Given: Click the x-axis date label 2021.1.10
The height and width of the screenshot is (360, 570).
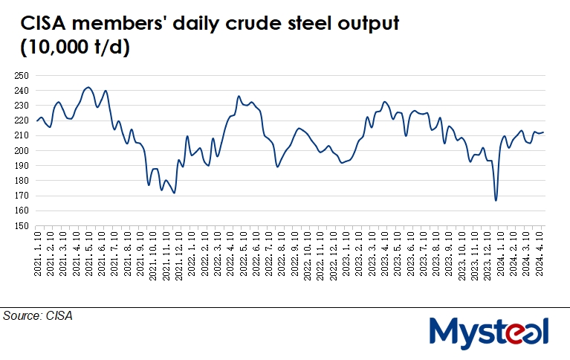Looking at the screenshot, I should point(37,252).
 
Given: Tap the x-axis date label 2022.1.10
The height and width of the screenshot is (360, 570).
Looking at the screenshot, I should point(193,252).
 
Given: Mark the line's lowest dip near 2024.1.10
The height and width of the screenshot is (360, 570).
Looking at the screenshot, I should point(496,200).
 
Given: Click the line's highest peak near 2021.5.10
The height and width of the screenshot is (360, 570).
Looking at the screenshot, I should point(88,87).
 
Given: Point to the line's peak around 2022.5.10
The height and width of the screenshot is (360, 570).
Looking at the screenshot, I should point(239,96).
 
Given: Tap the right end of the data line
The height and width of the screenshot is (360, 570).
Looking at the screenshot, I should point(544,132).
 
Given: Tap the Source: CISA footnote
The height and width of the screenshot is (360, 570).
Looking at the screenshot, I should point(39,316).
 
